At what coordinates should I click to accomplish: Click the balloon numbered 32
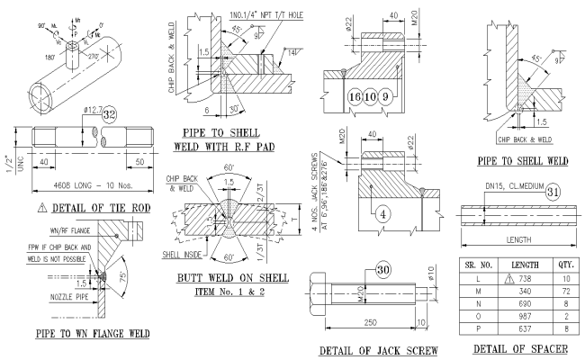[107, 115]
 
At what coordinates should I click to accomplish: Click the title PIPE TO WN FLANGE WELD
[78, 334]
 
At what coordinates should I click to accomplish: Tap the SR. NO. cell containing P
[477, 330]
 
